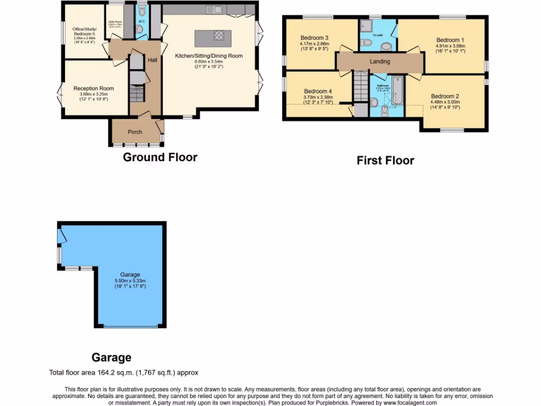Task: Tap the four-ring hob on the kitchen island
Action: click(219, 36)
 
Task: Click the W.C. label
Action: click(142, 21)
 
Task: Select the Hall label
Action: click(152, 60)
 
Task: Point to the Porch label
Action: click(135, 132)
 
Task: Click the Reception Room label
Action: click(94, 88)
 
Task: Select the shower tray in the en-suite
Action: click(367, 26)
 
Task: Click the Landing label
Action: click(380, 62)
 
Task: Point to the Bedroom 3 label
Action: click(315, 38)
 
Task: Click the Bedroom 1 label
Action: click(450, 40)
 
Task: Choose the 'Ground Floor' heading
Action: click(160, 157)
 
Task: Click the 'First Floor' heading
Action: click(385, 161)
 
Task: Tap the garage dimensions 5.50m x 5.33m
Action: click(130, 281)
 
